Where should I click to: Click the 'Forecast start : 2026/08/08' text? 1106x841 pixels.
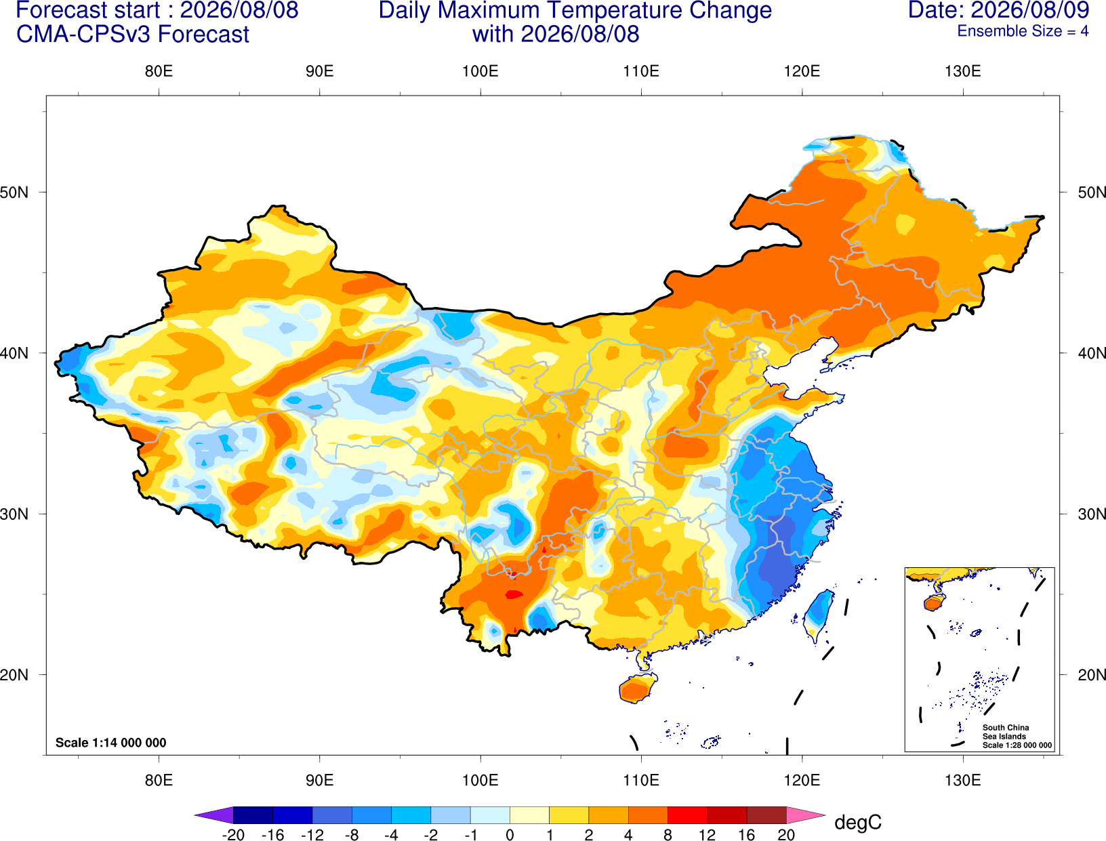click(157, 10)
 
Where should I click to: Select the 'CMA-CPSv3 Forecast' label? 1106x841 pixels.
click(133, 35)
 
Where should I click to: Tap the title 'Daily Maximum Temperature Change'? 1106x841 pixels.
click(575, 11)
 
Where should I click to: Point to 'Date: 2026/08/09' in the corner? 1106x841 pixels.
click(998, 10)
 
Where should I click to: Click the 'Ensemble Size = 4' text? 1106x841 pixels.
click(1023, 31)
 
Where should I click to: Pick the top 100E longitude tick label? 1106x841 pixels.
click(480, 71)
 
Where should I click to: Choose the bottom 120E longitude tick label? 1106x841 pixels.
click(802, 781)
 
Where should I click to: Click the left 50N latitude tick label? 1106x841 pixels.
click(14, 192)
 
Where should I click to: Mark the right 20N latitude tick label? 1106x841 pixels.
click(1091, 675)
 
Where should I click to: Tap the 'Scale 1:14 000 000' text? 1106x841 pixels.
click(111, 743)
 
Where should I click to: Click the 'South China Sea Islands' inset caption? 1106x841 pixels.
click(1005, 732)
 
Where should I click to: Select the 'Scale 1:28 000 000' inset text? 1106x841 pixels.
click(1017, 745)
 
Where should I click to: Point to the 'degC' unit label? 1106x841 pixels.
click(857, 822)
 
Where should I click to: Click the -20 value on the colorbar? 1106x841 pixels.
click(233, 835)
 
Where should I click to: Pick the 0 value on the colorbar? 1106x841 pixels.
click(510, 835)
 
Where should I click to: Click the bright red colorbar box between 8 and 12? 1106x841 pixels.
click(687, 815)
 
